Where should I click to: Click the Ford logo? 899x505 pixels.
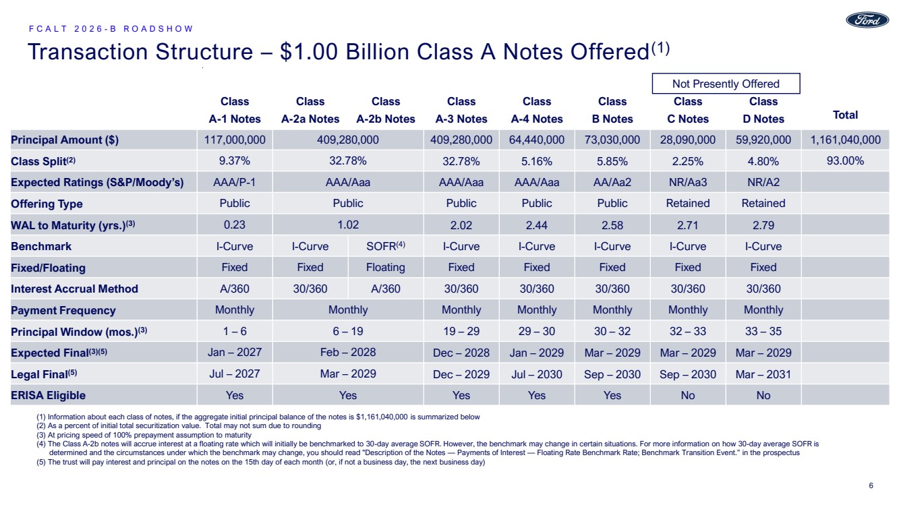click(x=867, y=20)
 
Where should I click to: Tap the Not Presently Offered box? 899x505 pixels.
click(x=726, y=84)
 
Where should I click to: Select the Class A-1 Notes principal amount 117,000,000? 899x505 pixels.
click(x=235, y=140)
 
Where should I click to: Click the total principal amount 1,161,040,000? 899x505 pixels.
click(x=845, y=140)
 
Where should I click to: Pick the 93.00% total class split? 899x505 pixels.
click(x=845, y=161)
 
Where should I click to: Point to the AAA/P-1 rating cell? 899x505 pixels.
click(x=235, y=182)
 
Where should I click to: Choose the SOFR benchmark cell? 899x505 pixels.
click(x=386, y=246)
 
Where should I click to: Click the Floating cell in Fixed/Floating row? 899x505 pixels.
click(x=386, y=267)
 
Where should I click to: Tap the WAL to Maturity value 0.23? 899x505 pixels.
click(x=235, y=225)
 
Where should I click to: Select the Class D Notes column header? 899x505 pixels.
click(x=763, y=110)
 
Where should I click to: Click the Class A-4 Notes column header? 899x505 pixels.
click(x=537, y=110)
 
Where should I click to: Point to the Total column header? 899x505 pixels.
click(x=845, y=115)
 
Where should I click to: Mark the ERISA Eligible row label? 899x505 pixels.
click(x=48, y=396)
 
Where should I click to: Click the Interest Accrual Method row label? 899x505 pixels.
click(x=74, y=289)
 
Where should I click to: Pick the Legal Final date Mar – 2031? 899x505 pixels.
click(x=763, y=374)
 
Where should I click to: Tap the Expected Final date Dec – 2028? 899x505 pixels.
click(x=461, y=353)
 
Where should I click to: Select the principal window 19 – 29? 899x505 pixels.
click(x=461, y=331)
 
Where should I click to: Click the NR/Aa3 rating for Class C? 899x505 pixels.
click(x=688, y=182)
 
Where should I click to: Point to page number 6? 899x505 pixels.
click(x=871, y=485)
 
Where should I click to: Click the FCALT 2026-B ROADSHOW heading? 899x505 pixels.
click(x=111, y=29)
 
